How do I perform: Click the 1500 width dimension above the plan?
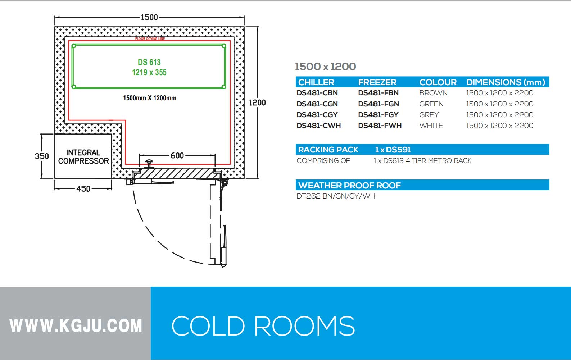149,17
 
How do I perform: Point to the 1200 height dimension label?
257,103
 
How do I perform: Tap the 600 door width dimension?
177,155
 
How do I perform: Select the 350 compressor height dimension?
42,156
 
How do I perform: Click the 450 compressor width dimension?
83,188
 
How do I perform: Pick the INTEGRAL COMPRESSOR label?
83,157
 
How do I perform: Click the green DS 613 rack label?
149,67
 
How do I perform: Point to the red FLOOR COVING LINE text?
150,38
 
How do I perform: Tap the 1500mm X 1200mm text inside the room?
150,98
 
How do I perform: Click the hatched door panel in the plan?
176,174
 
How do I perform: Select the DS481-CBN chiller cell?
317,93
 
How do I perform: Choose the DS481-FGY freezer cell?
378,115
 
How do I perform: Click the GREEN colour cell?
431,104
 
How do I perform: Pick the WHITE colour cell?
431,126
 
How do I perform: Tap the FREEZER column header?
377,82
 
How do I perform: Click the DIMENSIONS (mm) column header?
506,82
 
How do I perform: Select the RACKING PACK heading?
328,150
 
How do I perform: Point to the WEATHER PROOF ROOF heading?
349,185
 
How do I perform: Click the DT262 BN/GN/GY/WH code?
336,196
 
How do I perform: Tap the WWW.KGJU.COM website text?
76,325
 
